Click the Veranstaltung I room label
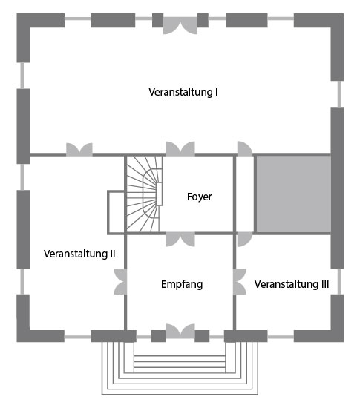(x=183, y=93)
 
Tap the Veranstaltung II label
(x=79, y=254)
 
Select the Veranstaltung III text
(x=292, y=284)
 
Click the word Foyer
(x=199, y=197)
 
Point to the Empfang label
(x=182, y=284)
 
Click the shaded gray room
(x=293, y=194)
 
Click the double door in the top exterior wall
(x=180, y=25)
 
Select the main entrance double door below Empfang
(x=180, y=331)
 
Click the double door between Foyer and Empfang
(x=180, y=240)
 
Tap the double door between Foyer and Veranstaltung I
(x=180, y=148)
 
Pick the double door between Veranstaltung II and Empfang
(x=120, y=282)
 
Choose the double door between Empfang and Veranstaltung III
(x=240, y=282)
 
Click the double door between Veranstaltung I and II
(x=79, y=149)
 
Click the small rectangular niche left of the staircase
(x=116, y=213)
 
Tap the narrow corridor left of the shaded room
(x=245, y=194)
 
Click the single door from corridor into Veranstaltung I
(x=245, y=149)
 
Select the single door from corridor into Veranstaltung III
(x=245, y=240)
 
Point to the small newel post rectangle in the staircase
(x=160, y=194)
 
